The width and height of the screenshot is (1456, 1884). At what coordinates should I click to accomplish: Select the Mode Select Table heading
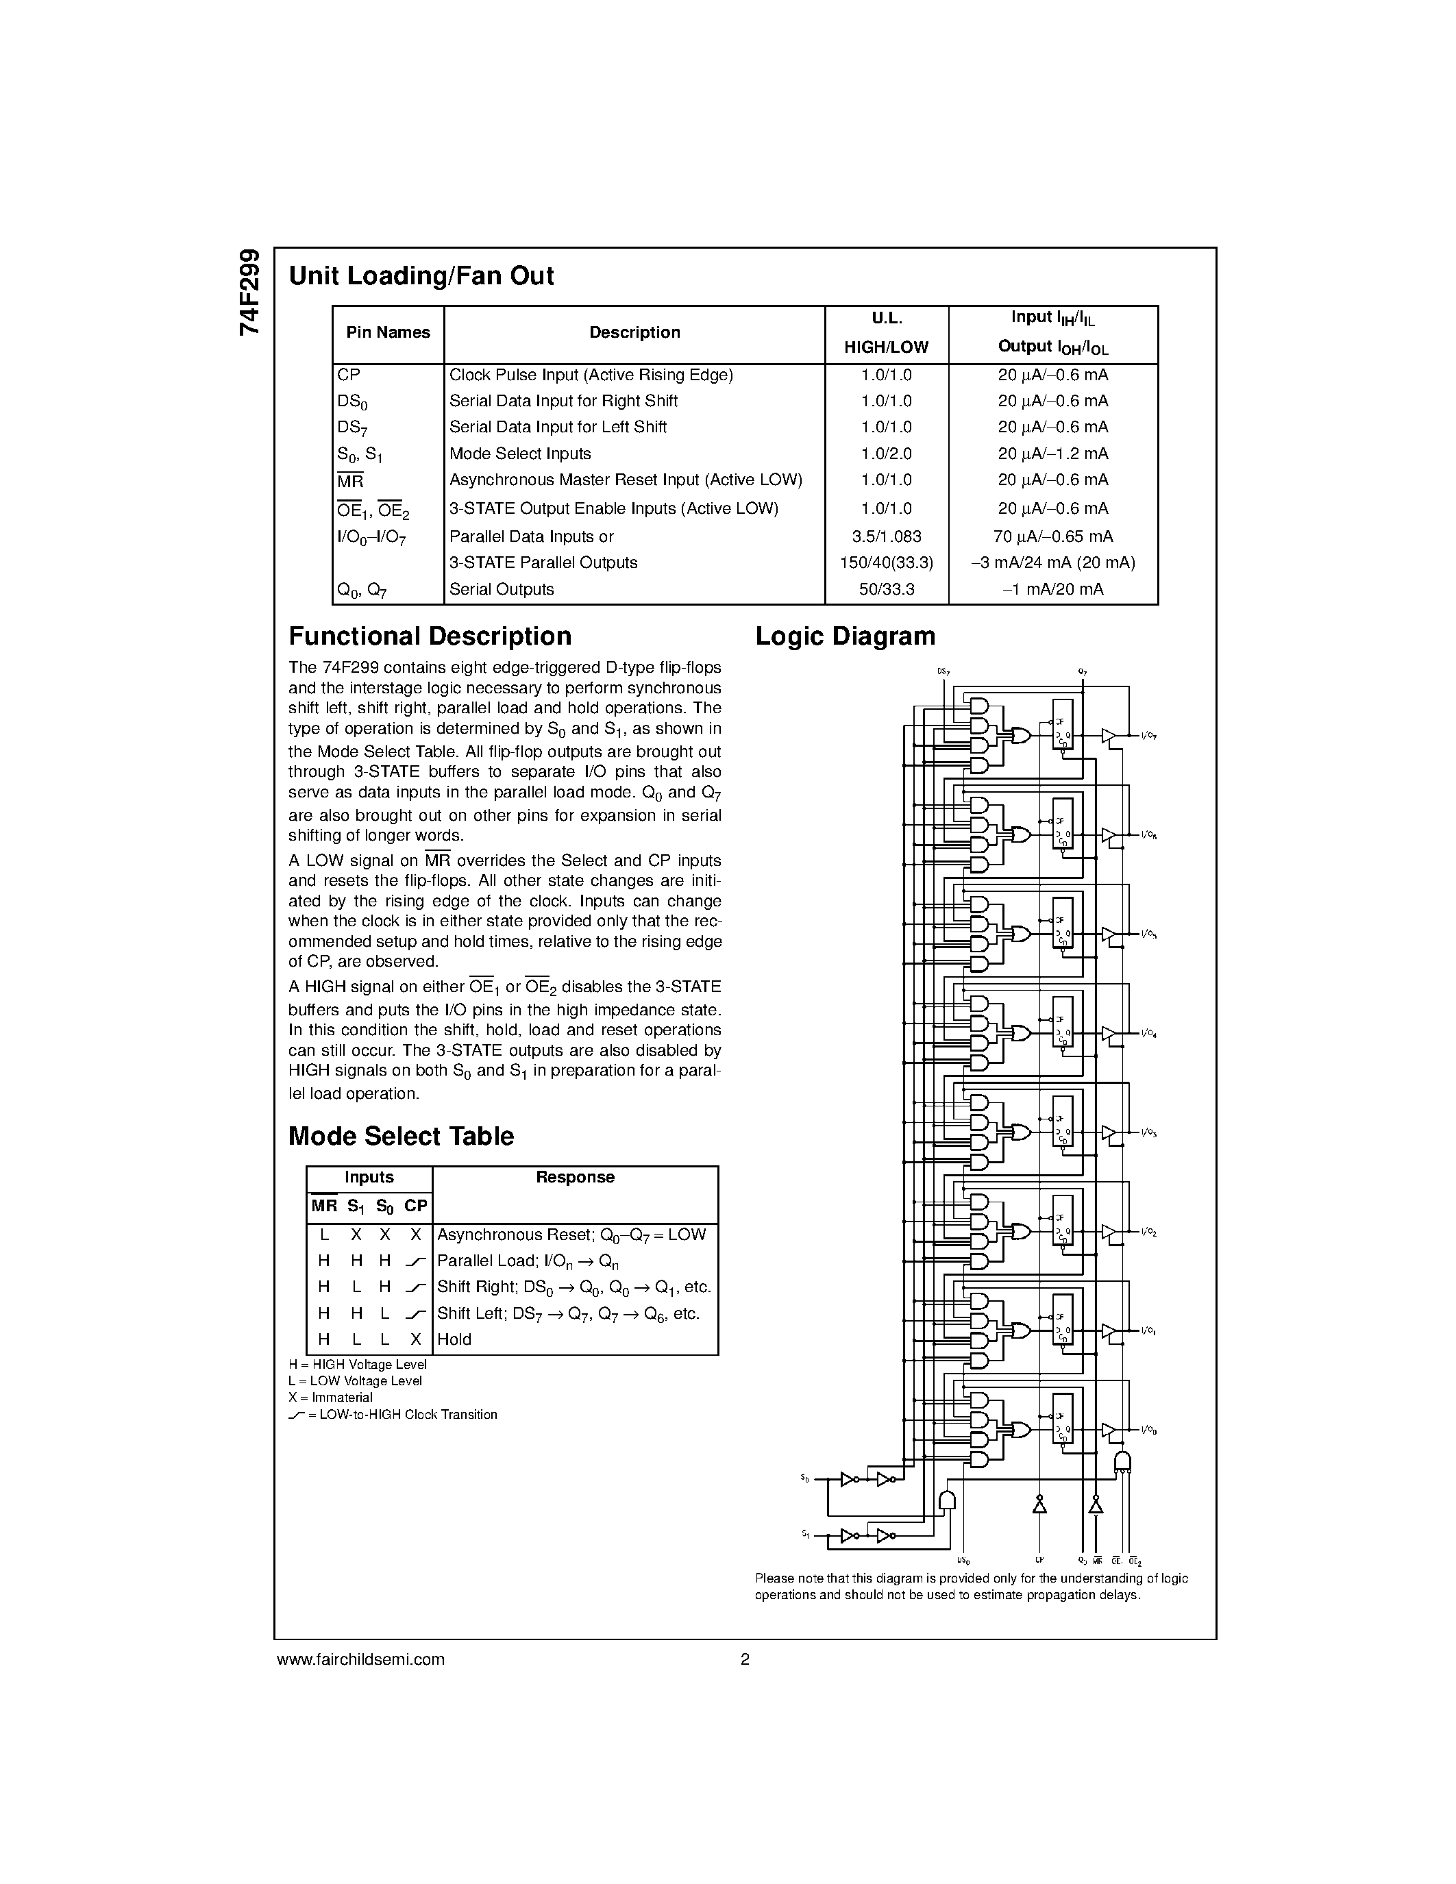(400, 1136)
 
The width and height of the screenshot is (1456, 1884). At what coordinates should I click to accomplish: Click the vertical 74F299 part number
(249, 293)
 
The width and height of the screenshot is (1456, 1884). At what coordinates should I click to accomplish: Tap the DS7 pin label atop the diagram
(943, 671)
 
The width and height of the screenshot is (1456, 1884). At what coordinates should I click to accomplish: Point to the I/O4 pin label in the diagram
(1148, 1033)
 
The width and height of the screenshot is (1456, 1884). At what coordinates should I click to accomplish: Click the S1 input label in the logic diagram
(805, 1534)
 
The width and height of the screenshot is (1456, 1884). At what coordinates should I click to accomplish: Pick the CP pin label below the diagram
(1040, 1561)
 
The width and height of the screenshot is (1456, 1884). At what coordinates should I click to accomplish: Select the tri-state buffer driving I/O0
(1109, 1430)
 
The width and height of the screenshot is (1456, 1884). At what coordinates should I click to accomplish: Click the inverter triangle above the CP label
(1039, 1506)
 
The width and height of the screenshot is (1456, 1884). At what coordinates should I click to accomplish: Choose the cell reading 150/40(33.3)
(886, 562)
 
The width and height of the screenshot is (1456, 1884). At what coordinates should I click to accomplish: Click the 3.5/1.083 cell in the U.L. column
(886, 536)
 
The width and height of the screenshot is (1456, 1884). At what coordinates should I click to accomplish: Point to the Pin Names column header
(388, 333)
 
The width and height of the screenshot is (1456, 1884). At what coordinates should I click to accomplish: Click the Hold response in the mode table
(454, 1339)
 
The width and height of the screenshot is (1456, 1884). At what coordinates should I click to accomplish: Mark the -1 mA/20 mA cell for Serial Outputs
(1052, 589)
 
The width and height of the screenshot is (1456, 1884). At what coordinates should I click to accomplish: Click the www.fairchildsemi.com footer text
(360, 1659)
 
